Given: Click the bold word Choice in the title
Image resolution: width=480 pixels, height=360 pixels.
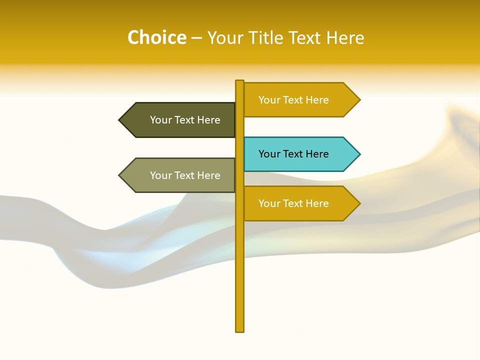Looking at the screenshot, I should tap(156, 37).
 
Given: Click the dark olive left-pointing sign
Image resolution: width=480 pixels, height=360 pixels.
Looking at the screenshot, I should tap(180, 120).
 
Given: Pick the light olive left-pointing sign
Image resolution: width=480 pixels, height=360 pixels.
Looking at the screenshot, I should tap(180, 175).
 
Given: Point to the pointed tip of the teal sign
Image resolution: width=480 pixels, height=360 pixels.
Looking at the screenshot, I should tap(358, 154).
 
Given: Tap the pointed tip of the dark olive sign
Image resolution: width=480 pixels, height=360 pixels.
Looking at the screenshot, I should tap(120, 120).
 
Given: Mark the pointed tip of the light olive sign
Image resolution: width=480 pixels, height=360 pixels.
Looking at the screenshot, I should tap(120, 175).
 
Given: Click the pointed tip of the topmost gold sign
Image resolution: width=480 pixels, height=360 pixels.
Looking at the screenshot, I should tap(358, 100).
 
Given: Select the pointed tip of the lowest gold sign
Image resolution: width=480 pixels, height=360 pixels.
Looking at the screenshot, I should tap(358, 203).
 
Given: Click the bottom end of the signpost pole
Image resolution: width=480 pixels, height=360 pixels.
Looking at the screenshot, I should tap(240, 329).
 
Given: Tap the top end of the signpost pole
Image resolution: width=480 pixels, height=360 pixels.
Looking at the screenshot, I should tap(240, 82).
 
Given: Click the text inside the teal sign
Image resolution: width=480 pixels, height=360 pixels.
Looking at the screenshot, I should tap(293, 154).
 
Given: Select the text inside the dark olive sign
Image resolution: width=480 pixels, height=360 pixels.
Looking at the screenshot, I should tap(185, 120).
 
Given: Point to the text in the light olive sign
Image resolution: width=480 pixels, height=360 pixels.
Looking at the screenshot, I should tap(185, 175).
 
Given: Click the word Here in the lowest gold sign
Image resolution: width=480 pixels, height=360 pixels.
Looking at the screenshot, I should tap(317, 203).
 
